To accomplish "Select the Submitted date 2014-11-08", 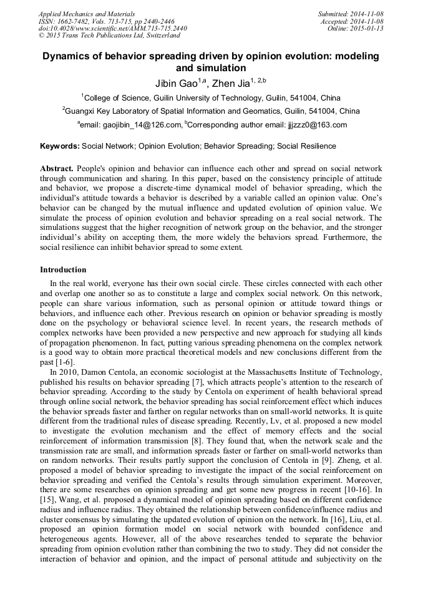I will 366,13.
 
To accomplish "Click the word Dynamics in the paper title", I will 68,56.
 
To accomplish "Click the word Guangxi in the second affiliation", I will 84,111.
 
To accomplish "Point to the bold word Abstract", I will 57,169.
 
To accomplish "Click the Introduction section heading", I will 63,270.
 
